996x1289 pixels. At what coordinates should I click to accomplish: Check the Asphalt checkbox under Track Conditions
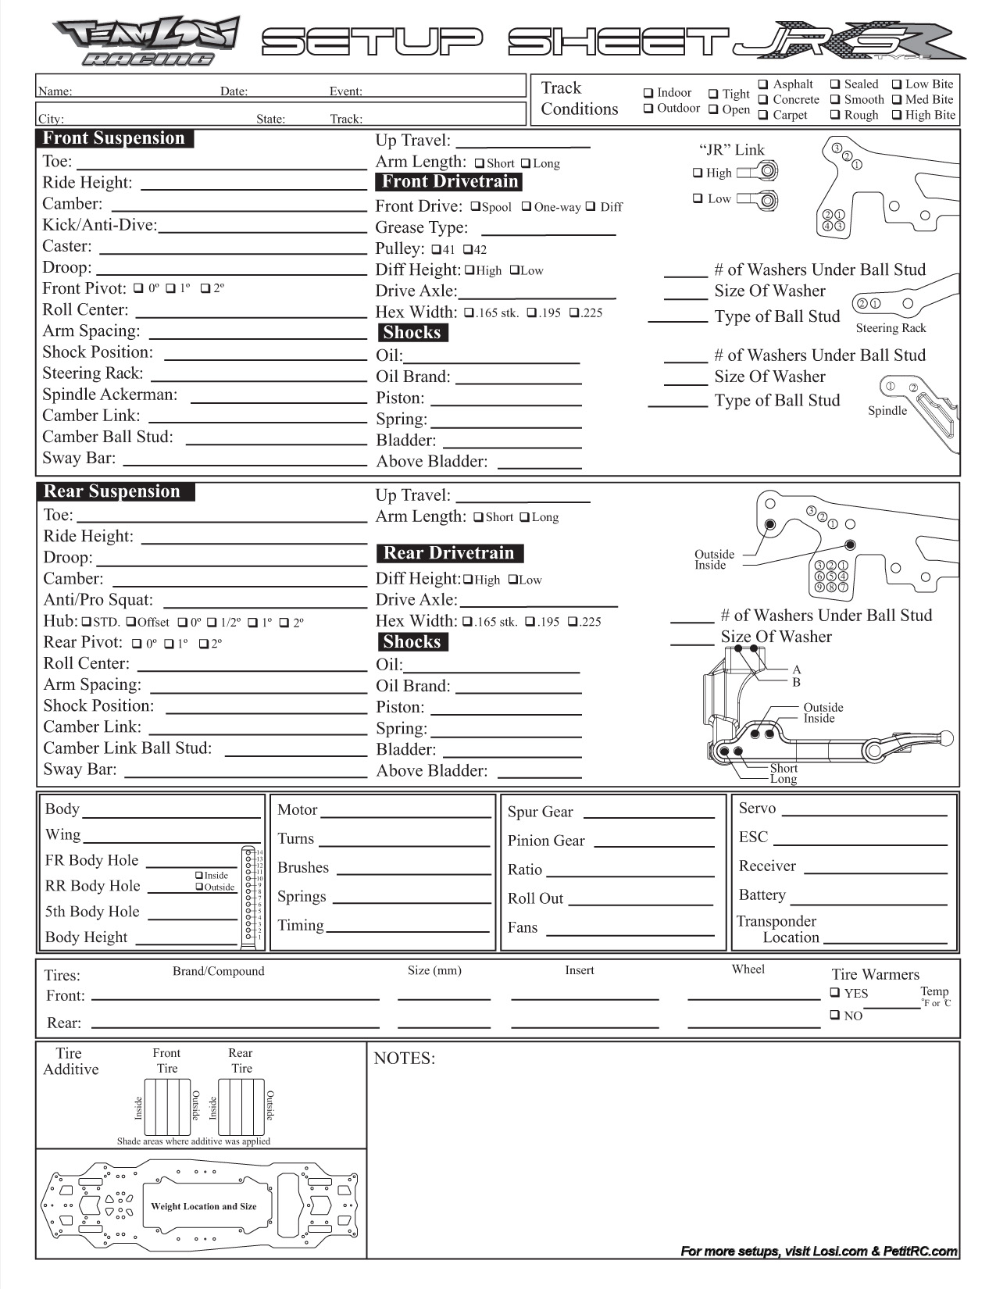tap(763, 84)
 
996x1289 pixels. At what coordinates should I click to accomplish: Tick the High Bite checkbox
tap(896, 116)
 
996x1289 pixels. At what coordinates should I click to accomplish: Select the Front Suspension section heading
tap(114, 139)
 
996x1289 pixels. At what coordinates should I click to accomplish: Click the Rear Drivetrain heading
tap(449, 554)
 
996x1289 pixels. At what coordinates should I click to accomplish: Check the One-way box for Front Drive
tap(527, 207)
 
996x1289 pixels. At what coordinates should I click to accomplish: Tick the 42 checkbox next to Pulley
tap(467, 250)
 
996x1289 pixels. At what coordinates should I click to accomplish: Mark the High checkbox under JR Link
tap(698, 173)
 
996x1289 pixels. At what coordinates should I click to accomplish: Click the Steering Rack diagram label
tap(891, 328)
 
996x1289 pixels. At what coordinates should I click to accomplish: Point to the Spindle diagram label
tap(887, 411)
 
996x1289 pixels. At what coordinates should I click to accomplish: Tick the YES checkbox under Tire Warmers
tap(835, 993)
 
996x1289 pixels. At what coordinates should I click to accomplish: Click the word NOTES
tap(404, 1059)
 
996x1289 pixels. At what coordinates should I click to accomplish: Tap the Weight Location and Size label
tap(203, 1206)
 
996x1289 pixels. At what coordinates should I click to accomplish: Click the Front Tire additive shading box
tap(167, 1107)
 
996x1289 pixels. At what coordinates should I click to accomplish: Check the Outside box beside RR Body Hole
tap(199, 887)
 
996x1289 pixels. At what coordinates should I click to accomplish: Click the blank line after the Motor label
tap(405, 816)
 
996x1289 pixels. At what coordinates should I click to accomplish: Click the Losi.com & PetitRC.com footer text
tap(819, 1251)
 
